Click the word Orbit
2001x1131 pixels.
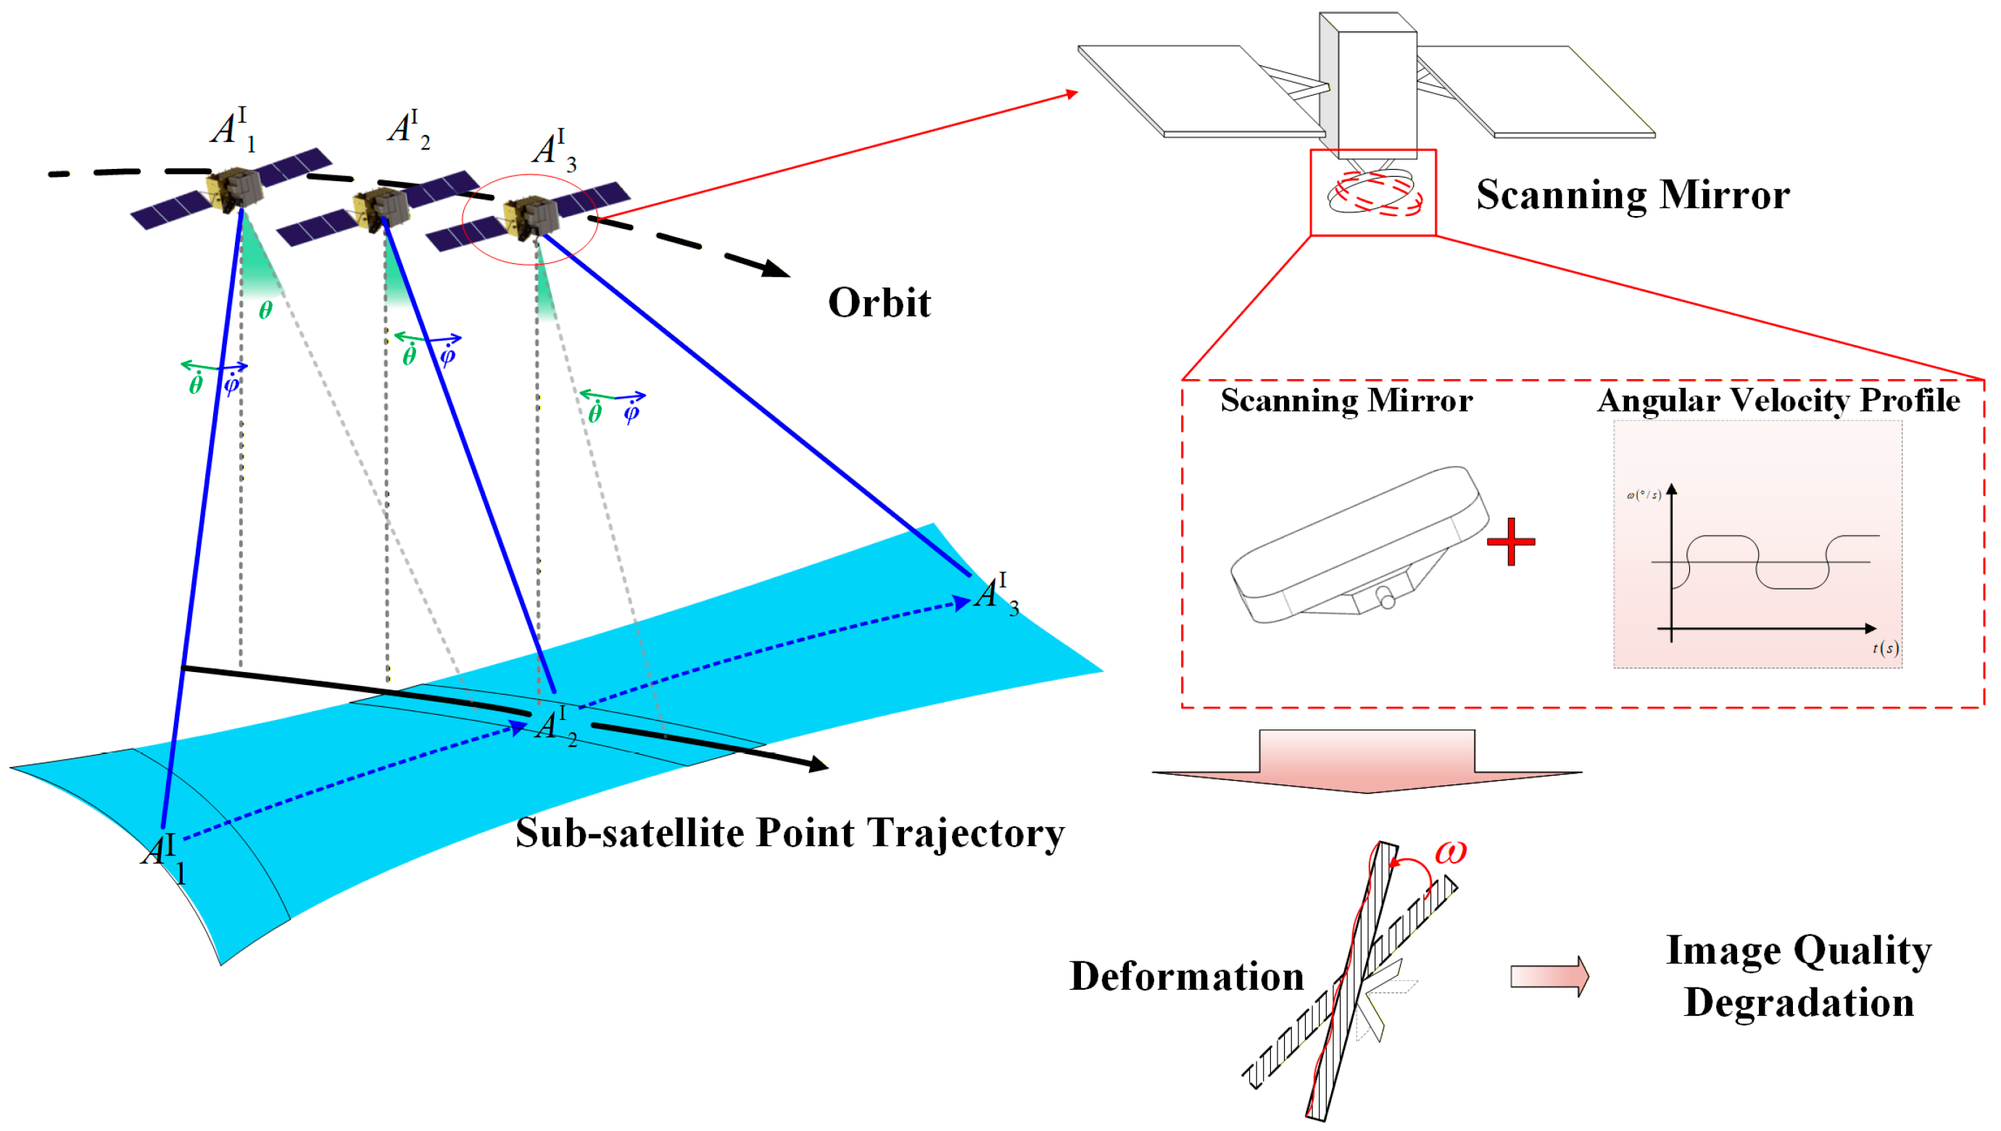click(879, 303)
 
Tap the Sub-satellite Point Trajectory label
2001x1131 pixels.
click(790, 834)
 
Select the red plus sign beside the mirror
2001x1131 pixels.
click(1510, 542)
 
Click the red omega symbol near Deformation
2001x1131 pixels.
click(1449, 853)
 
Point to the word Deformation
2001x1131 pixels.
click(1186, 977)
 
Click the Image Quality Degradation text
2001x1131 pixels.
click(1798, 977)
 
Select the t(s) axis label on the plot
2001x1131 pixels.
click(1885, 648)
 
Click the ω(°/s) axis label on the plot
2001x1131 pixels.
click(1644, 494)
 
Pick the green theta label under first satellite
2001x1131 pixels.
click(265, 311)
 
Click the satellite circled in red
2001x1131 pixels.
click(531, 218)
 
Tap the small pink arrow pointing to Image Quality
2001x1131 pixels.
click(1549, 976)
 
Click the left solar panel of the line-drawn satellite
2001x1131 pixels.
click(1200, 89)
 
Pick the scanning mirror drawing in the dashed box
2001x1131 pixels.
click(1359, 544)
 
